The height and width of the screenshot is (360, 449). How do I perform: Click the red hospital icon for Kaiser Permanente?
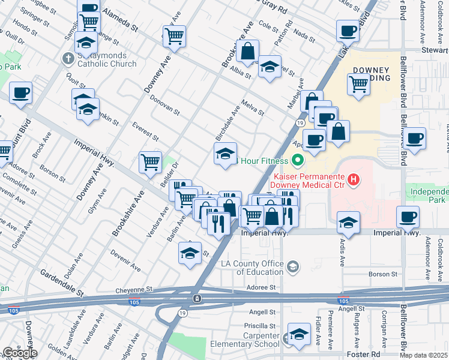354,178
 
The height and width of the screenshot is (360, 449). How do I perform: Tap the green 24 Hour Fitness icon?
297,160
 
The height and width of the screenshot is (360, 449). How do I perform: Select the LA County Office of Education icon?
293,266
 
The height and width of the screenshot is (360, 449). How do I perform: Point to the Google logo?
19,353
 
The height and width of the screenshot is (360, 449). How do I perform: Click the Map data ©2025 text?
424,355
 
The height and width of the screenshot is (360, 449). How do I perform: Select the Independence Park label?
429,196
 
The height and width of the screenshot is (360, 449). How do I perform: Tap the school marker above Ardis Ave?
348,222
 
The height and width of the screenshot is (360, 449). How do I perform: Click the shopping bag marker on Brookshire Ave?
247,52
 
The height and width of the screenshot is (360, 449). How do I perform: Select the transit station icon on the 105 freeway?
196,299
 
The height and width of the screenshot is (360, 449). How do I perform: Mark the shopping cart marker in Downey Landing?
358,85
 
